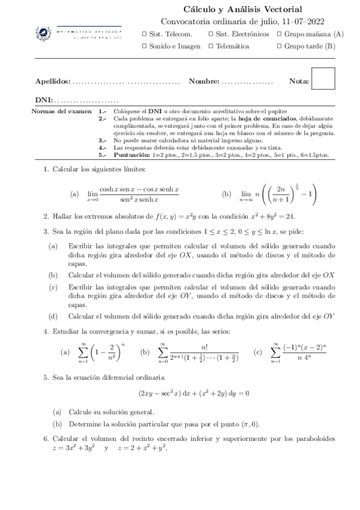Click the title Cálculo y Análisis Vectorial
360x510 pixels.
point(242,9)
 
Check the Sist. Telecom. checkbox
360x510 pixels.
point(144,34)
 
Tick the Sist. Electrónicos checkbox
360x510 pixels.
point(210,34)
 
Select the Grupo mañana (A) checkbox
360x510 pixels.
point(279,34)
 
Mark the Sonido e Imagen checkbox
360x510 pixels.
point(144,46)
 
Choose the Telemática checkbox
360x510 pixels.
point(210,46)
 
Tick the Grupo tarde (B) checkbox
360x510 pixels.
point(279,46)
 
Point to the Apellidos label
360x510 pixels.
point(53,81)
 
